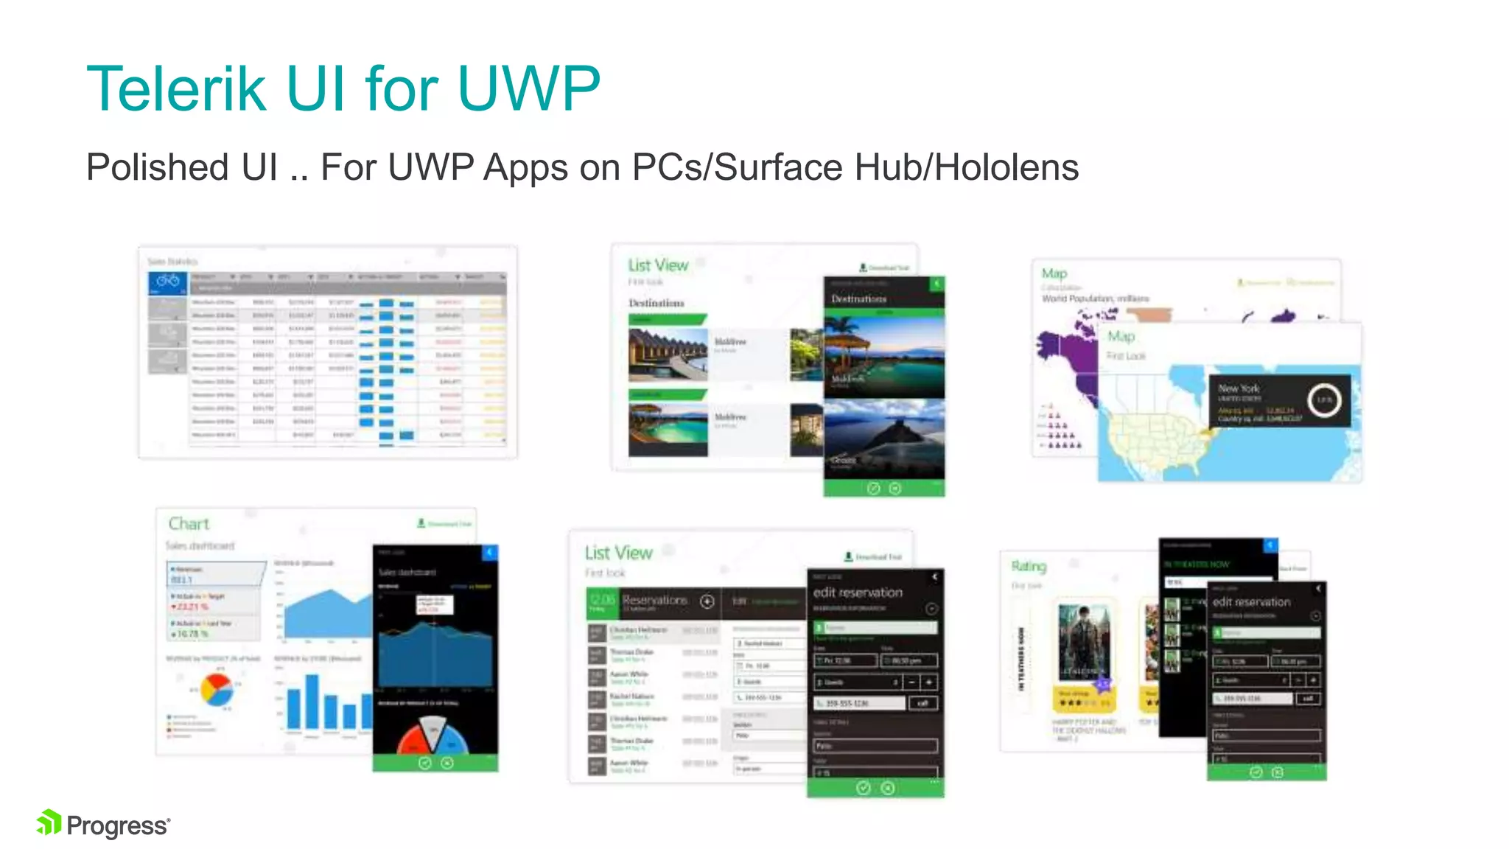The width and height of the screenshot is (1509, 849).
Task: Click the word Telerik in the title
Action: pyautogui.click(x=175, y=89)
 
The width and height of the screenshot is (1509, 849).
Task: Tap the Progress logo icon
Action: pyautogui.click(x=49, y=823)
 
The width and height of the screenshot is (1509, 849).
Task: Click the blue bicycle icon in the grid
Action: pyautogui.click(x=168, y=282)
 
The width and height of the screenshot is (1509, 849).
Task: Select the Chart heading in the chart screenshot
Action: pyautogui.click(x=189, y=524)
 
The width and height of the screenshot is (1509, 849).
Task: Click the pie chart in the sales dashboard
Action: pyautogui.click(x=217, y=689)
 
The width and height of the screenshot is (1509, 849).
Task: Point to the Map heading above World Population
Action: pyautogui.click(x=1054, y=273)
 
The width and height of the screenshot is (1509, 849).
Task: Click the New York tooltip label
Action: pyautogui.click(x=1239, y=388)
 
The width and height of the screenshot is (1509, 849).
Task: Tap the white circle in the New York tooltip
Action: pyautogui.click(x=1324, y=400)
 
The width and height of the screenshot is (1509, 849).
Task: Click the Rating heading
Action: pyautogui.click(x=1029, y=566)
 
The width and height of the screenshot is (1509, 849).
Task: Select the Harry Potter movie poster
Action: pyautogui.click(x=1083, y=643)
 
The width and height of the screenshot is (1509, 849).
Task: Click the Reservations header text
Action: pyautogui.click(x=654, y=600)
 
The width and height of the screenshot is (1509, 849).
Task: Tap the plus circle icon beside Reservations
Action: pyautogui.click(x=707, y=601)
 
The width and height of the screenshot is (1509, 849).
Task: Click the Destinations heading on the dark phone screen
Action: pyautogui.click(x=859, y=299)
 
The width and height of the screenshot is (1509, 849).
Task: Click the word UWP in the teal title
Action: pyautogui.click(x=529, y=89)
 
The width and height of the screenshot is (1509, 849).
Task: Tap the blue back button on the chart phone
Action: pyautogui.click(x=490, y=552)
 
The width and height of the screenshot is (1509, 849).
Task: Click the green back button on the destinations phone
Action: pyautogui.click(x=936, y=284)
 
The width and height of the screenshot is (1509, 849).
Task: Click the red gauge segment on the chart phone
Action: pyautogui.click(x=413, y=737)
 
